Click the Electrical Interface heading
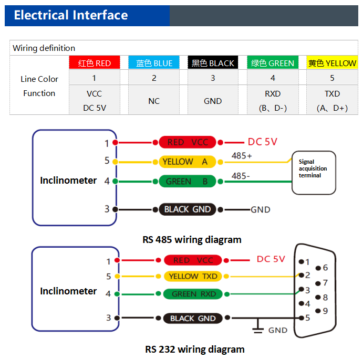(70, 15)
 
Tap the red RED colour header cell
(95, 63)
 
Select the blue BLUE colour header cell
(154, 63)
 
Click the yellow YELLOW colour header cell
(331, 63)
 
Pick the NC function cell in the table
(154, 101)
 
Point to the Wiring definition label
(44, 48)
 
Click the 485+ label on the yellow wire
(241, 156)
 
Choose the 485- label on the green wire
(241, 176)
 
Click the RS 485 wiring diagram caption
(192, 240)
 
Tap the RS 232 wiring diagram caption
(194, 349)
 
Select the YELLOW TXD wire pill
(193, 276)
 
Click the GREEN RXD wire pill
(193, 294)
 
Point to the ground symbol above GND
(258, 328)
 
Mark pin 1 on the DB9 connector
(305, 261)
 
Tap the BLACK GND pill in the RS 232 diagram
(193, 318)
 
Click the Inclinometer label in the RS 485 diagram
(68, 181)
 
